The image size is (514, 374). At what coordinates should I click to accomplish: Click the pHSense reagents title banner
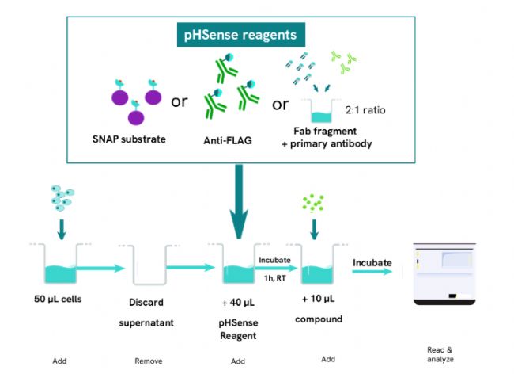pyautogui.click(x=240, y=35)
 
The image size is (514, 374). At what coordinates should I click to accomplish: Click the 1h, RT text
pyautogui.click(x=274, y=277)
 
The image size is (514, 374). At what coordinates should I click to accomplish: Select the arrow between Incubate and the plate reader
pyautogui.click(x=372, y=272)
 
